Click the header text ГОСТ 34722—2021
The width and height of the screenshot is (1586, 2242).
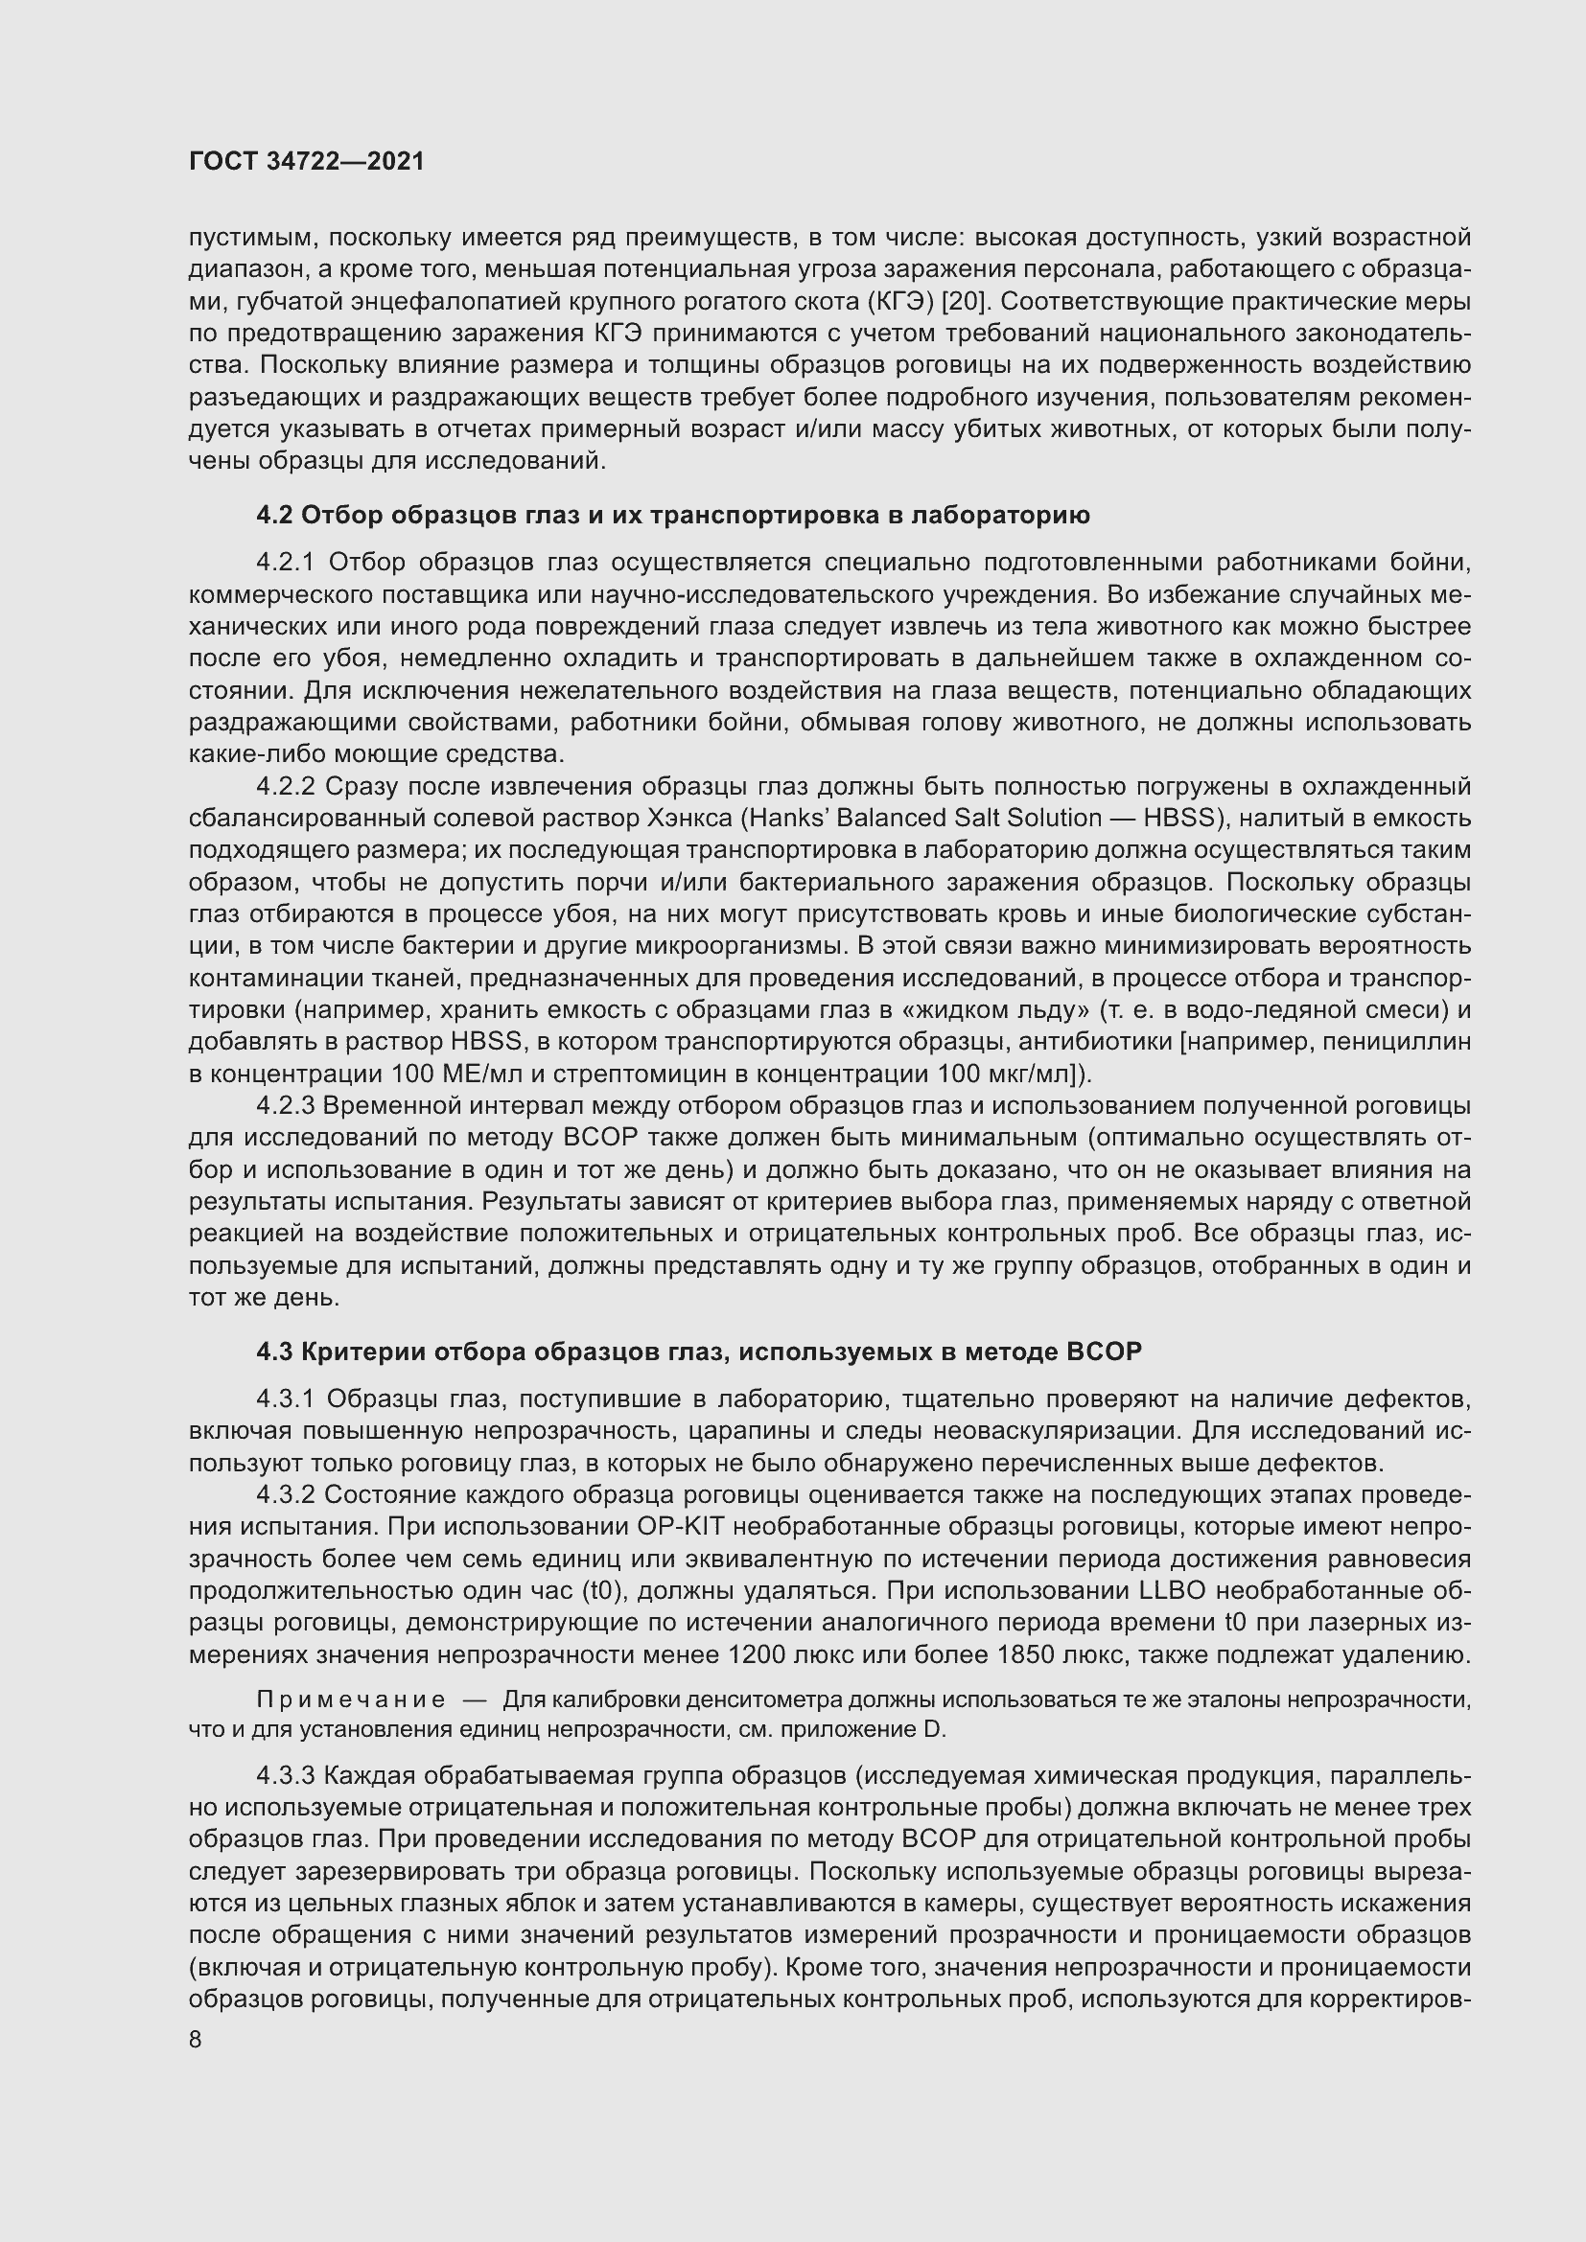tap(307, 162)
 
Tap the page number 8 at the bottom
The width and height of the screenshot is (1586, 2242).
tap(196, 2040)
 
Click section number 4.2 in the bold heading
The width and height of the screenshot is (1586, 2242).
tap(274, 515)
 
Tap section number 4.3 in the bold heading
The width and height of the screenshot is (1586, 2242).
tap(274, 1352)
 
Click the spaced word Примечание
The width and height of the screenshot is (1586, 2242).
tap(351, 1700)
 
